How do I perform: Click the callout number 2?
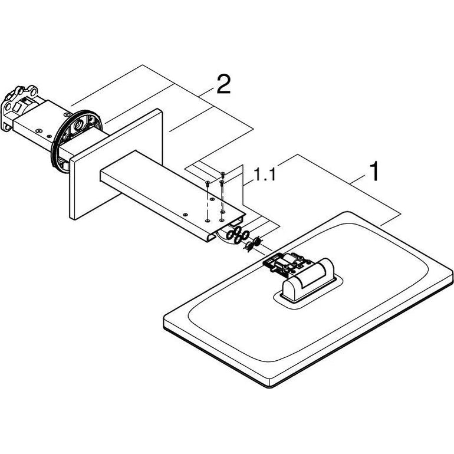click(223, 84)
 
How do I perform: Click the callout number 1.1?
click(264, 175)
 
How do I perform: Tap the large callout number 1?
click(374, 172)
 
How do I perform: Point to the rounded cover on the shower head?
click(308, 279)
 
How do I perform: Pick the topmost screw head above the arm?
click(222, 173)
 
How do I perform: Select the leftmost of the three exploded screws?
click(208, 182)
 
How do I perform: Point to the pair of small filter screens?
click(253, 243)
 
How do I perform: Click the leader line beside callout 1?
click(358, 180)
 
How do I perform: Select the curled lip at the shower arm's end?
click(210, 236)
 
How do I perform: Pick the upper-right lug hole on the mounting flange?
click(34, 92)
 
